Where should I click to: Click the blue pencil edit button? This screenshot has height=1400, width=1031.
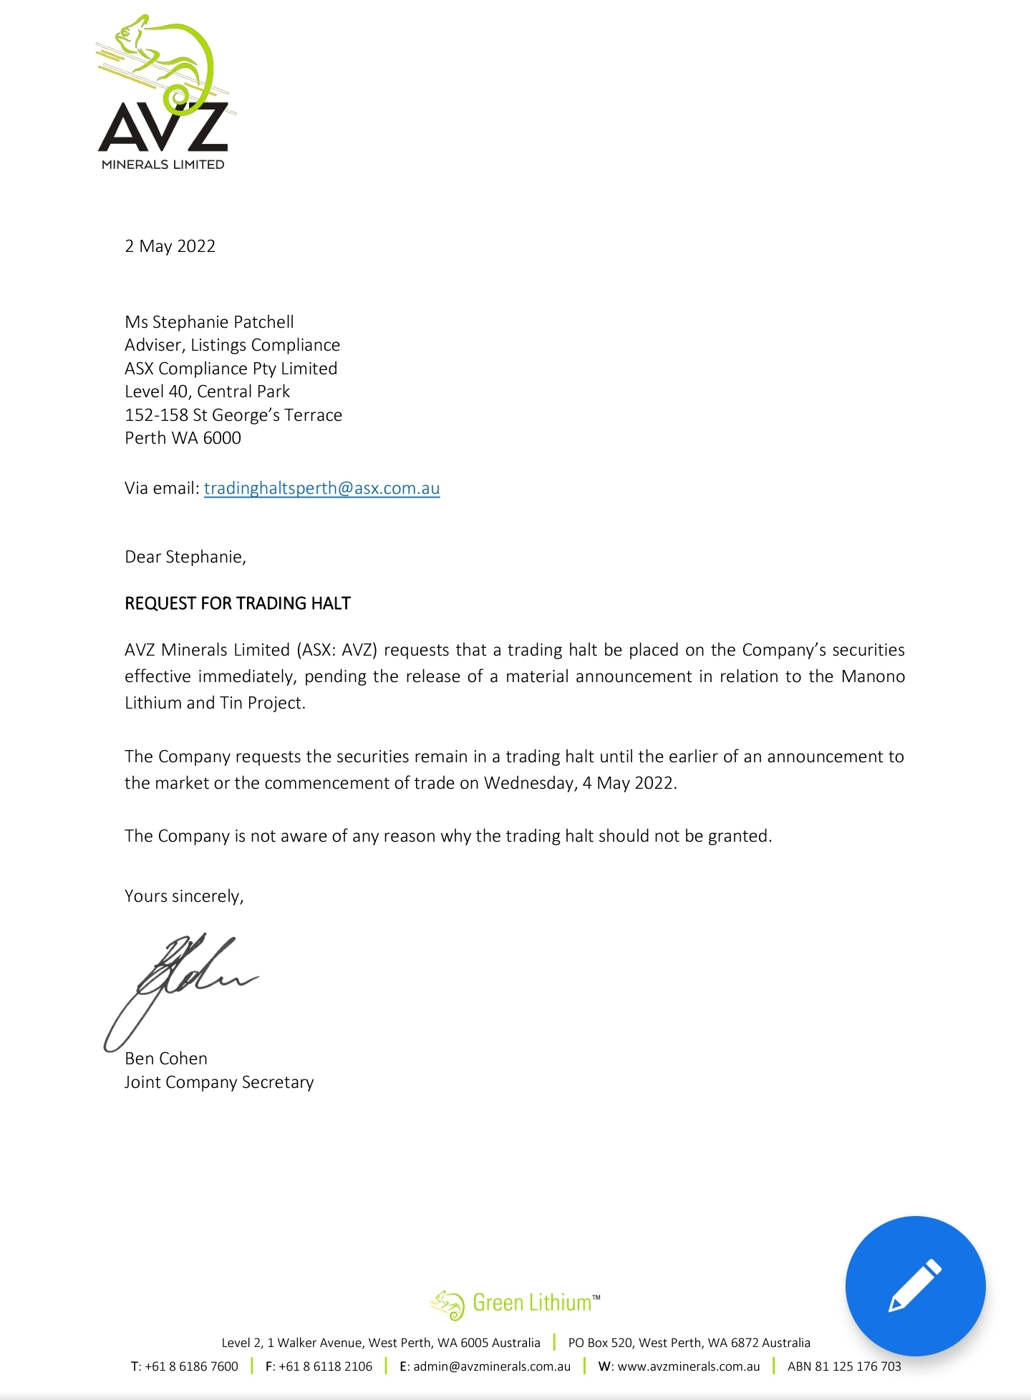915,1285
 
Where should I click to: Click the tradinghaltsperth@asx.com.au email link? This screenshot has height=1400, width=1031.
321,488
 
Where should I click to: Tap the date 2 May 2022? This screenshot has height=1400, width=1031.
170,246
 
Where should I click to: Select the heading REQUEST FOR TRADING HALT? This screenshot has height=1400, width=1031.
238,603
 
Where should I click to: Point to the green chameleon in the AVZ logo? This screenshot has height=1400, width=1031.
168,57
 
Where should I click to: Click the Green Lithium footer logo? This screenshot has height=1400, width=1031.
515,1303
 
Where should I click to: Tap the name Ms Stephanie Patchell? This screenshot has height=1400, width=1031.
209,322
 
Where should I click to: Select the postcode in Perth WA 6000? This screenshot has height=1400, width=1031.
222,438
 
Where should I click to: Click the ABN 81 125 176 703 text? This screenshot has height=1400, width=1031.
844,1366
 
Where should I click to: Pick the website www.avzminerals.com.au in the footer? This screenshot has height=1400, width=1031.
688,1366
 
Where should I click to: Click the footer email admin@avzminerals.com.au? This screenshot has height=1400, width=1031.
492,1366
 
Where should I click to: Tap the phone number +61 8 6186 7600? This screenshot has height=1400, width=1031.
191,1366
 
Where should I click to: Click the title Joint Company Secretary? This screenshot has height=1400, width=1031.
219,1082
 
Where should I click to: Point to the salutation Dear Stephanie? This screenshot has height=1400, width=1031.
185,557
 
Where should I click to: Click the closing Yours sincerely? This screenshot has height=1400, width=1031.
184,896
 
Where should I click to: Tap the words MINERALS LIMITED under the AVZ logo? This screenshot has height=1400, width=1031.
163,165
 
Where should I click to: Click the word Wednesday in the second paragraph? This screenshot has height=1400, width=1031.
529,783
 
